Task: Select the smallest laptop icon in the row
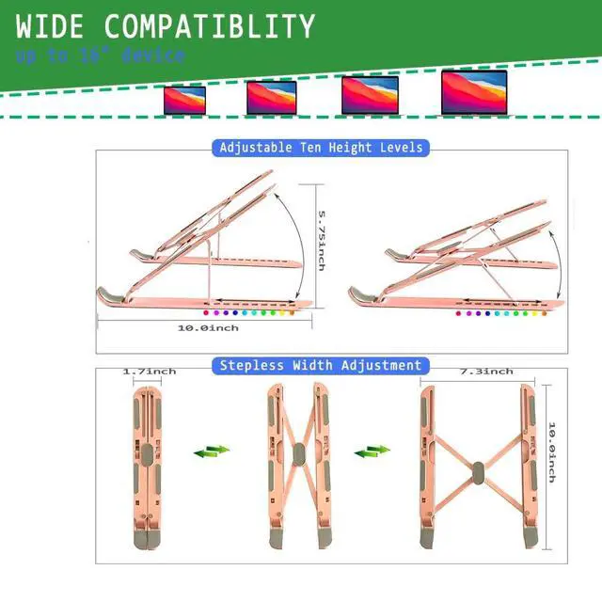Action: point(184,99)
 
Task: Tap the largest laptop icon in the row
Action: point(474,93)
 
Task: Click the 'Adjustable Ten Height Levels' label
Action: point(321,148)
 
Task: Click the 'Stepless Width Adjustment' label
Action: point(321,365)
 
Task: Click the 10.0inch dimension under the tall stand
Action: point(209,327)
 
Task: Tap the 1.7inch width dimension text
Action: point(150,372)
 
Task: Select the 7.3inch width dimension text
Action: point(486,372)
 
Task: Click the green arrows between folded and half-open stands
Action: point(212,452)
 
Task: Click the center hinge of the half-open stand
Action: point(299,455)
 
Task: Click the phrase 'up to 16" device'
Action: point(99,56)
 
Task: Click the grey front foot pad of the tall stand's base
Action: point(111,295)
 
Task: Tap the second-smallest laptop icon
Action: point(271,97)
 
